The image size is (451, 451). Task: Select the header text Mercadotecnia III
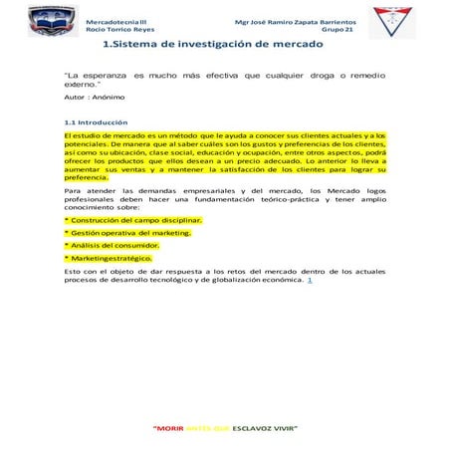pyautogui.click(x=115, y=19)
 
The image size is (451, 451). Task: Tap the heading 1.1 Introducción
pyautogui.click(x=96, y=123)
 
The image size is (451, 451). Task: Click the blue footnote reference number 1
pyautogui.click(x=311, y=279)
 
